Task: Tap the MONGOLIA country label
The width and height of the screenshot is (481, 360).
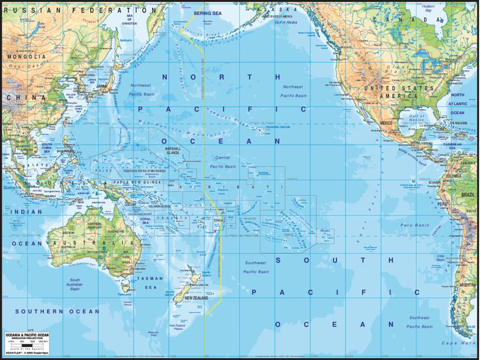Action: pos(26,57)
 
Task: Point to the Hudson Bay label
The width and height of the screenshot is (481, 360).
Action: pos(429,8)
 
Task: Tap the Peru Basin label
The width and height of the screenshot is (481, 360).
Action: pos(414,225)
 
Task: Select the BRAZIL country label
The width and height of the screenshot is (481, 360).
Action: pos(469,193)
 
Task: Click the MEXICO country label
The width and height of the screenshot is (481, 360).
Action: pos(387,123)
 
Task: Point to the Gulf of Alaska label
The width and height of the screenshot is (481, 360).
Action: pos(283,21)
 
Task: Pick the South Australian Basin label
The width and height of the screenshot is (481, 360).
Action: pos(75,284)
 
